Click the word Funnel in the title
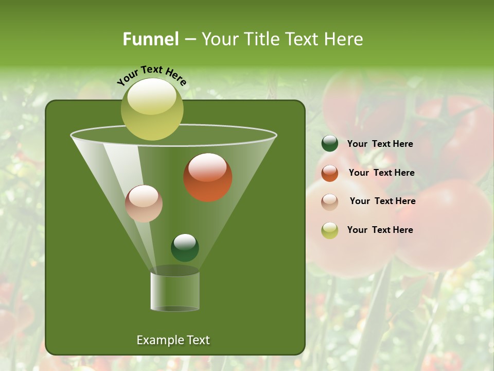click(151, 39)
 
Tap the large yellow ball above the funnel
click(152, 109)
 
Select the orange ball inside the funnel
click(207, 177)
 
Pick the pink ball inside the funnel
click(144, 204)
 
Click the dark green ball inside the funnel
click(185, 247)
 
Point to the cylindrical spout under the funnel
click(175, 291)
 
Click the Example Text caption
click(173, 340)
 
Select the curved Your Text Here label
click(152, 75)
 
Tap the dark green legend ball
click(330, 144)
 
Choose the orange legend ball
click(330, 173)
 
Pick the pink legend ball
click(330, 201)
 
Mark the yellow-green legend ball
click(330, 230)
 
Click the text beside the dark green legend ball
click(380, 144)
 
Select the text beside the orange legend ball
click(381, 173)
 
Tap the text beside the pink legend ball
click(382, 201)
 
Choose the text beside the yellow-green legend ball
click(380, 230)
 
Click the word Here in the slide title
click(341, 39)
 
